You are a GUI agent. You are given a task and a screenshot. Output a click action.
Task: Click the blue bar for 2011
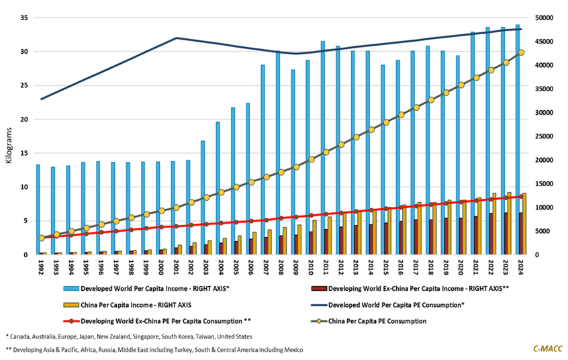(x=323, y=148)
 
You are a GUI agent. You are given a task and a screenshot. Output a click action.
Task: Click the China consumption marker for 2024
(x=521, y=52)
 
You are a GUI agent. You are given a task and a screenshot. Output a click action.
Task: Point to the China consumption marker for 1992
(x=42, y=238)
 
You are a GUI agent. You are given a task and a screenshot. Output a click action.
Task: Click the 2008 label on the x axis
(x=278, y=267)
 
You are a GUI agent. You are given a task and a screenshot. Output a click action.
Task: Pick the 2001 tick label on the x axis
(x=173, y=267)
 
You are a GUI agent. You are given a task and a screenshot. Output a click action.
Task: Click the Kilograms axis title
(x=9, y=136)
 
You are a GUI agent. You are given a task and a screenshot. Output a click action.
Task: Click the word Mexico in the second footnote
(x=288, y=349)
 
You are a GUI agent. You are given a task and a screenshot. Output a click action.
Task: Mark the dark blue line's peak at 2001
(x=176, y=38)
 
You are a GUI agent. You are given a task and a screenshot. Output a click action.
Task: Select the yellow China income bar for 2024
(x=524, y=224)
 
